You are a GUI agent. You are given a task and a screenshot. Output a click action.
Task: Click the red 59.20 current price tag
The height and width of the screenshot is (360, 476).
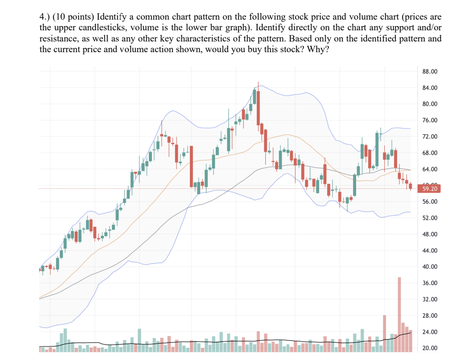pyautogui.click(x=428, y=189)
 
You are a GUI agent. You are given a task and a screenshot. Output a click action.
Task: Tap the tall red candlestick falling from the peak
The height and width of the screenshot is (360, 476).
pyautogui.click(x=258, y=108)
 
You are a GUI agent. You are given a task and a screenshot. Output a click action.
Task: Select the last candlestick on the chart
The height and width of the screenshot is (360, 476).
pyautogui.click(x=410, y=186)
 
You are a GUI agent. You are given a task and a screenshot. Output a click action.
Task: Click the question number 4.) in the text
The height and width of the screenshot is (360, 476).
pyautogui.click(x=45, y=17)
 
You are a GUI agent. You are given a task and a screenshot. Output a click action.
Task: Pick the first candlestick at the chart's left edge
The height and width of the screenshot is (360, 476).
pyautogui.click(x=41, y=269)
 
